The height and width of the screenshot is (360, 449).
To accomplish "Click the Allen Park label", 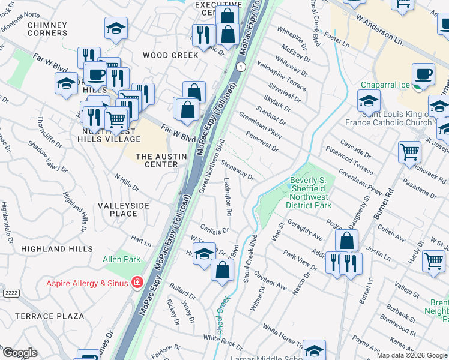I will coord(121,259).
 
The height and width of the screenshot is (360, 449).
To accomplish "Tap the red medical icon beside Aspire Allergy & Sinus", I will coord(138,281).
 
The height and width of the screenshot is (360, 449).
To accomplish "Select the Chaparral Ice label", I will coord(385,85).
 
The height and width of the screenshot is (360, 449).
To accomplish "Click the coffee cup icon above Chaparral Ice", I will coord(424,74).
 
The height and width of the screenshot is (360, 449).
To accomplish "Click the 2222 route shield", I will coord(10,292).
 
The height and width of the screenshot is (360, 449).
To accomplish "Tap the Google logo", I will coord(19,353).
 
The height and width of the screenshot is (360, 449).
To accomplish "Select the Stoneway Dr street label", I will coord(238,169).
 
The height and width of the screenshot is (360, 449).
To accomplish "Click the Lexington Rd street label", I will coord(228,197).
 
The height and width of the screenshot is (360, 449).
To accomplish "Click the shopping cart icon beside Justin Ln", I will coord(433,262).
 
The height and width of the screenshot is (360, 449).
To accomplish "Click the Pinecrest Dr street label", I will coord(263,142).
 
